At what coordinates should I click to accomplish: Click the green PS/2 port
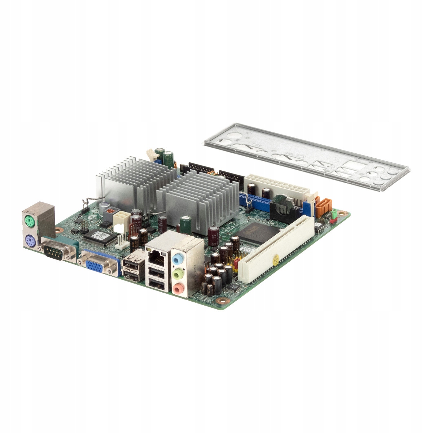[30, 221]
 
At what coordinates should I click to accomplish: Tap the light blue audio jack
[177, 259]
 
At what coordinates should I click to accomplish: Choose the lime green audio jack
[177, 275]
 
